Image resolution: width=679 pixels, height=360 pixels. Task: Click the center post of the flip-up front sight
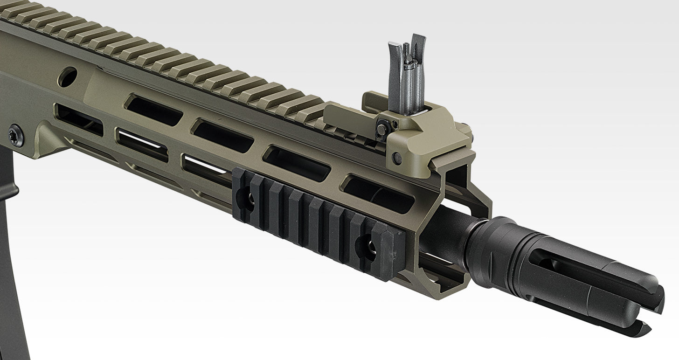(x=407, y=70)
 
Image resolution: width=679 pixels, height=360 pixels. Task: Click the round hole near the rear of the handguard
(x=68, y=76)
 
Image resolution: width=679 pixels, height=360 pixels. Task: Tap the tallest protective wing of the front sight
(x=418, y=70)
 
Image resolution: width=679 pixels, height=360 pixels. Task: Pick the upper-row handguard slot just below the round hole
(x=154, y=110)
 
